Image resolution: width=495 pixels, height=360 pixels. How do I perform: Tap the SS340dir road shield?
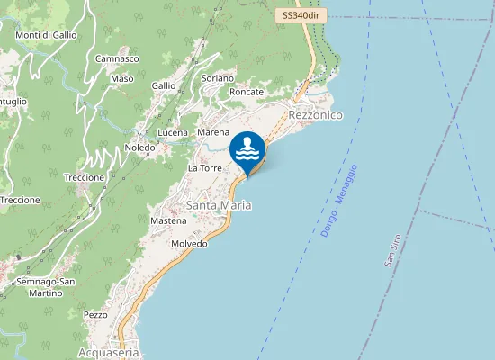(300, 16)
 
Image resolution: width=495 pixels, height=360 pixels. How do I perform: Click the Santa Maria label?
(219, 205)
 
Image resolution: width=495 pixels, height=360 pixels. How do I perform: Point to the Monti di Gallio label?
(46, 35)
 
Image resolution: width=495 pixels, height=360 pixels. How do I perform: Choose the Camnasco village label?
(117, 58)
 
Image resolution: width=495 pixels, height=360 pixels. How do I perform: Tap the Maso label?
(121, 78)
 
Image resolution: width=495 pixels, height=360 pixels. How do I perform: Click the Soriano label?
(218, 78)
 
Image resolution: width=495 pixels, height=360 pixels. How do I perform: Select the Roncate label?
(247, 92)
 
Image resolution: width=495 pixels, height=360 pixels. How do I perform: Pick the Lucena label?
(173, 132)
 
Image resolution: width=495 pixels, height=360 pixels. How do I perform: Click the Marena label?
(213, 132)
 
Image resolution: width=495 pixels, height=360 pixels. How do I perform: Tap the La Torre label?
(204, 168)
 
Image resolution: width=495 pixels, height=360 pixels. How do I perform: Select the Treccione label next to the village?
(85, 177)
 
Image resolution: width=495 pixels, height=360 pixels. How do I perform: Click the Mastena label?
(168, 220)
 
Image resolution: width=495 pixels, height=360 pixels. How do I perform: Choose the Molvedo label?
(189, 244)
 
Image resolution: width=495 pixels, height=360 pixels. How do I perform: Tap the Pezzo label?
(94, 315)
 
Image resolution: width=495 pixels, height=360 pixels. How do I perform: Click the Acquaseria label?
(109, 353)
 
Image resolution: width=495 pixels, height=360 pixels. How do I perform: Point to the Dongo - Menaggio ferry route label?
(339, 201)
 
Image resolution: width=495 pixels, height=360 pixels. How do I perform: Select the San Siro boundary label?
(390, 248)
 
